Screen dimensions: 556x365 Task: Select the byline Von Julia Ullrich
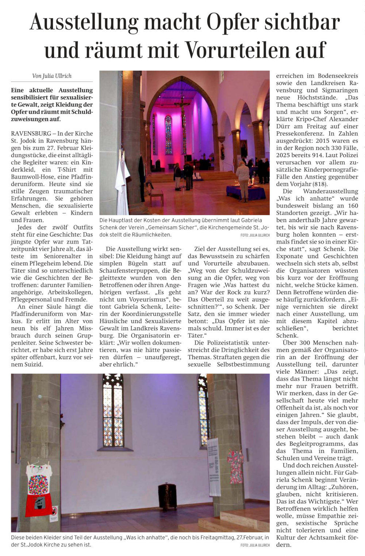click(52, 76)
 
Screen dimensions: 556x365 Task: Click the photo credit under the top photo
click(255, 235)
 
